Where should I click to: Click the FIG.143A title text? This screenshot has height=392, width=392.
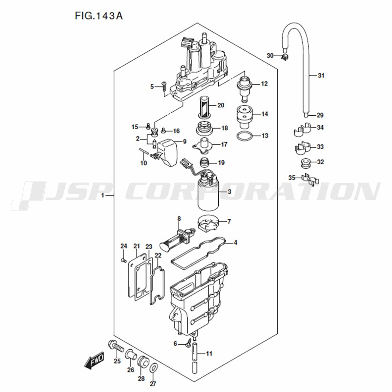[x=99, y=16]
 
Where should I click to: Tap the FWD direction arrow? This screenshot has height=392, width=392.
[x=94, y=361]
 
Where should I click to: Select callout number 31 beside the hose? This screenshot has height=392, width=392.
[x=321, y=75]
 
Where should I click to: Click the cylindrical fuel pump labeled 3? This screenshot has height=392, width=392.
[x=208, y=194]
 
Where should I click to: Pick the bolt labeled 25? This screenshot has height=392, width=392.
[x=116, y=347]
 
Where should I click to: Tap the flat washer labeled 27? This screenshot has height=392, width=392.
[x=154, y=368]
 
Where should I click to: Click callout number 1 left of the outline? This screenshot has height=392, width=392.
[x=102, y=195]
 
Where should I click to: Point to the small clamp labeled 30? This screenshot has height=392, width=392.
[x=285, y=57]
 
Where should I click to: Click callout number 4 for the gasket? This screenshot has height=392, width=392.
[x=235, y=243]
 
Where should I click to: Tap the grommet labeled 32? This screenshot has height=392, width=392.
[x=305, y=163]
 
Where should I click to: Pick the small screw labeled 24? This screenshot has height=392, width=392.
[x=123, y=261]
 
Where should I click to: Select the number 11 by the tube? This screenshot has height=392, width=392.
[x=209, y=354]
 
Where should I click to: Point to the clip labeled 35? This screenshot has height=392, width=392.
[x=310, y=180]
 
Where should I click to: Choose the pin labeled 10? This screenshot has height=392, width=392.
[x=144, y=151]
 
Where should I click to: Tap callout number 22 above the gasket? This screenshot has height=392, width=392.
[x=158, y=256]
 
